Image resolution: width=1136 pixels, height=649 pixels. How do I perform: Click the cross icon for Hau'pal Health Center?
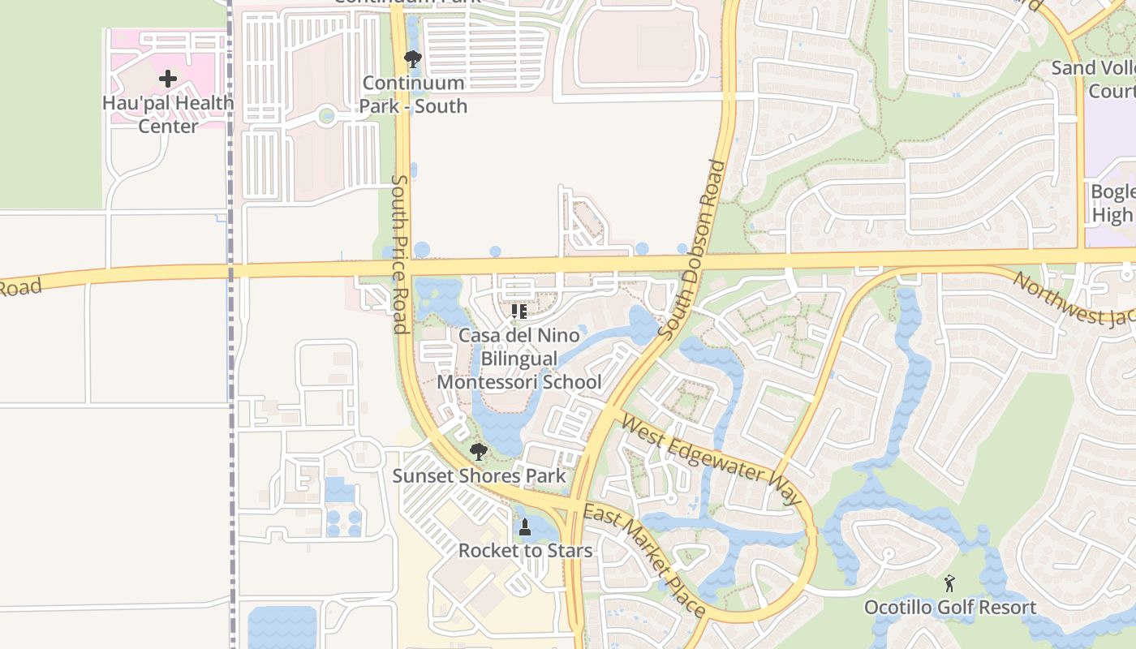click(168, 79)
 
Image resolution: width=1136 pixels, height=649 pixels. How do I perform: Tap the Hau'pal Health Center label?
click(168, 114)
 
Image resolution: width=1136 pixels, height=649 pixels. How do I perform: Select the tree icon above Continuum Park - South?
click(412, 59)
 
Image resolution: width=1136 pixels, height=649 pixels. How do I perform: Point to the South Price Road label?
click(399, 254)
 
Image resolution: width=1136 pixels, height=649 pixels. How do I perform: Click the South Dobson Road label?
click(693, 250)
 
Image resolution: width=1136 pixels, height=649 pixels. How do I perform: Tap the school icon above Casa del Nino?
click(519, 312)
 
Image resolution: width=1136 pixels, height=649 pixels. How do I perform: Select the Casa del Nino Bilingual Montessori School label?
click(519, 359)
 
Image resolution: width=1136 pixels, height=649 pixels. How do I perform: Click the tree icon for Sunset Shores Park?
click(479, 452)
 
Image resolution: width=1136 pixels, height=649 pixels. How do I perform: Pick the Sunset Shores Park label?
click(479, 475)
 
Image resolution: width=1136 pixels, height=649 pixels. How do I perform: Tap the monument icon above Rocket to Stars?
click(525, 527)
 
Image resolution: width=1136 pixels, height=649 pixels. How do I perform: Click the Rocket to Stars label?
click(525, 550)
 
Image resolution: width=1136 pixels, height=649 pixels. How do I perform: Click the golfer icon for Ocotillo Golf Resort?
click(949, 583)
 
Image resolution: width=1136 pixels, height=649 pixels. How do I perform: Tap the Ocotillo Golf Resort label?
click(949, 607)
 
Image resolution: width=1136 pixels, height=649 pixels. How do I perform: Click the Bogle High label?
click(1112, 204)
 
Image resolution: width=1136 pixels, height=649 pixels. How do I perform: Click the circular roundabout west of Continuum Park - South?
click(326, 116)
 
